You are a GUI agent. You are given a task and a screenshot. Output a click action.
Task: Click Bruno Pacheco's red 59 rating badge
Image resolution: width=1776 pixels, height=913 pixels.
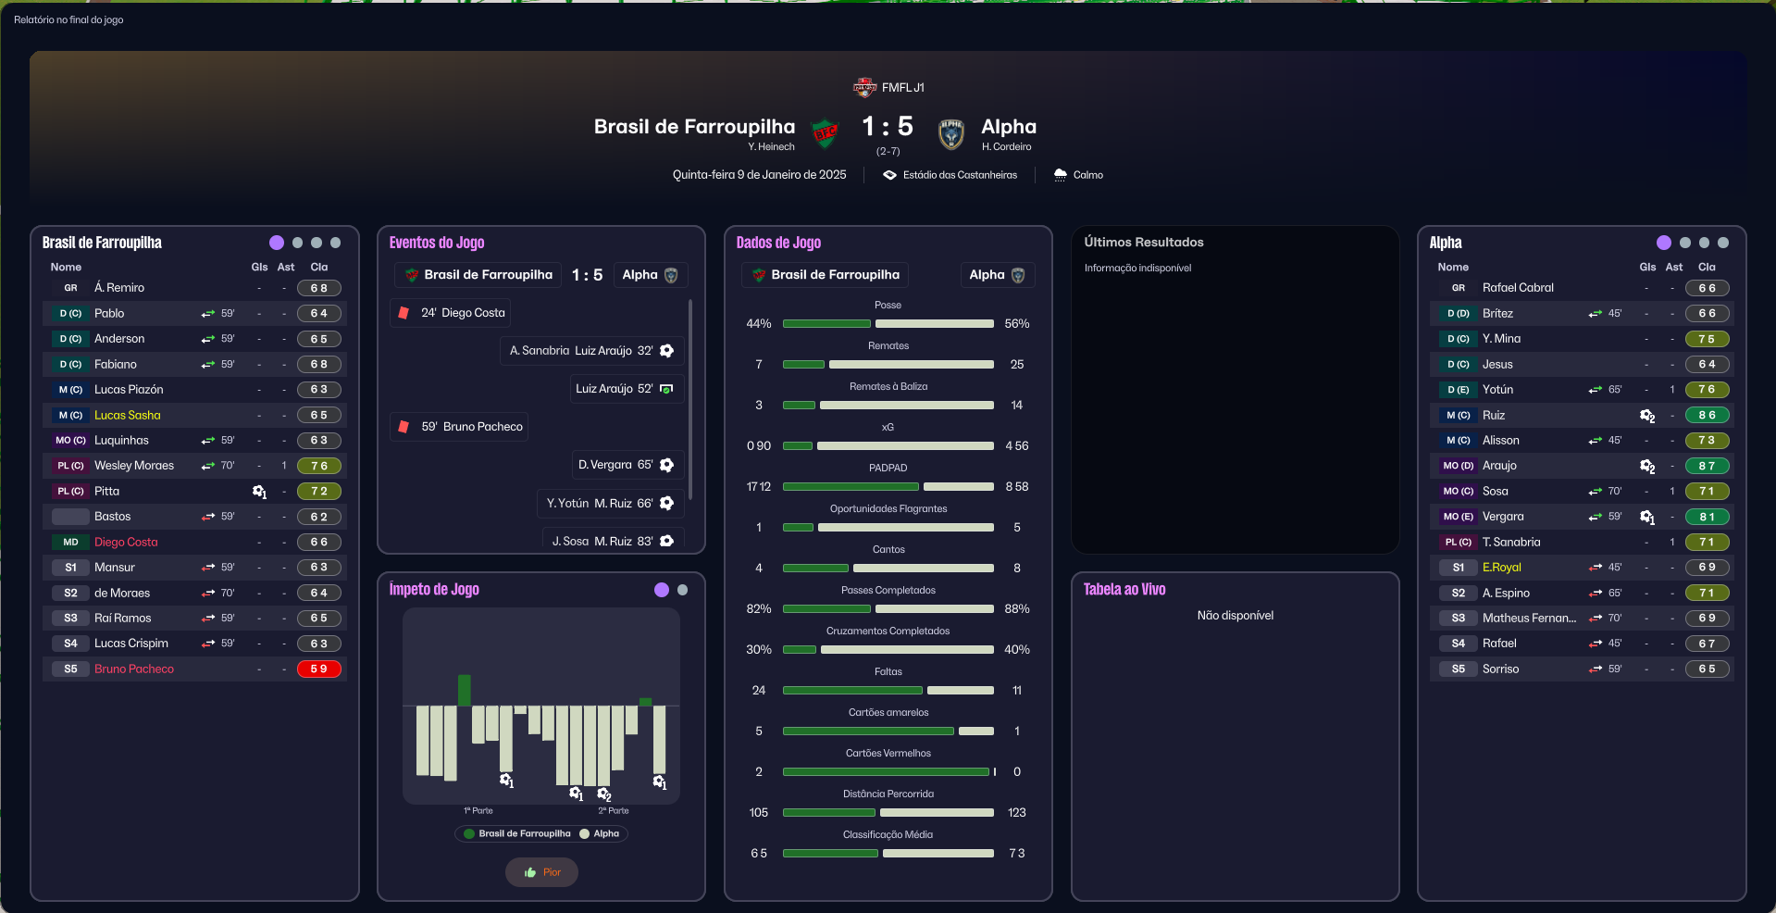[318, 669]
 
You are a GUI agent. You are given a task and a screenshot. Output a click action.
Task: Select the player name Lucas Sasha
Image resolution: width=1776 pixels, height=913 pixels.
[127, 415]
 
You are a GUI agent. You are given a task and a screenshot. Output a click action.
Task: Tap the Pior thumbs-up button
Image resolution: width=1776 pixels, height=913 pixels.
[541, 872]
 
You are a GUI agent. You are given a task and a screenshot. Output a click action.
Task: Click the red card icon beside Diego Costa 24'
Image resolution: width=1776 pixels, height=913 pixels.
[404, 313]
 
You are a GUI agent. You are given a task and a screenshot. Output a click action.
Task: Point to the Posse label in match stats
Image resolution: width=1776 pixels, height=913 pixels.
[888, 305]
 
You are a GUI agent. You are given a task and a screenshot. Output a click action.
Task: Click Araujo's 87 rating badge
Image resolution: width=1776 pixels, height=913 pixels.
[1707, 466]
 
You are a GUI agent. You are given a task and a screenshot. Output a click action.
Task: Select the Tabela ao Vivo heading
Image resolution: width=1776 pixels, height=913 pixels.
[1124, 590]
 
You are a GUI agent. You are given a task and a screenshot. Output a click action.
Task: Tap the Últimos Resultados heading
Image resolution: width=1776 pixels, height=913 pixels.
[1143, 242]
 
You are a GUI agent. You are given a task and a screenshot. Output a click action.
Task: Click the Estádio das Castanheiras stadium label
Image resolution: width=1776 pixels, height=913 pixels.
[959, 175]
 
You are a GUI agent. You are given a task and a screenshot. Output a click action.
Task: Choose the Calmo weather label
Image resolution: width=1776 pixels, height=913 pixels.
[1087, 175]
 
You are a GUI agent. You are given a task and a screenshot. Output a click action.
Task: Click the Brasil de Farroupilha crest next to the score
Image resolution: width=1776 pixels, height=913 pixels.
[825, 133]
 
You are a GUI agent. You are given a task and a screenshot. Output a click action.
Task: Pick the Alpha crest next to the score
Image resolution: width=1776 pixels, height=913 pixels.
[951, 133]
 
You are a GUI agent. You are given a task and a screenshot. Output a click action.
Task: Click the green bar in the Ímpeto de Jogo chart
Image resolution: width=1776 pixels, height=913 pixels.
[465, 690]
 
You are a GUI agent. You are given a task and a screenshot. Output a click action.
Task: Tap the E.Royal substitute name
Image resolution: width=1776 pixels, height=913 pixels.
[1501, 568]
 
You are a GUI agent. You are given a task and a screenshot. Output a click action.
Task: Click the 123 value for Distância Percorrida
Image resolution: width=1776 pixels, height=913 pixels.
[1016, 812]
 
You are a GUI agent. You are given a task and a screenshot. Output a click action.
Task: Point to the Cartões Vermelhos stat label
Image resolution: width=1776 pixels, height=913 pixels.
[888, 753]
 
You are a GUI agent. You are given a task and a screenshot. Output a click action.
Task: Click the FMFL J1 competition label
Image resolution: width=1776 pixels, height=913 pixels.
[901, 87]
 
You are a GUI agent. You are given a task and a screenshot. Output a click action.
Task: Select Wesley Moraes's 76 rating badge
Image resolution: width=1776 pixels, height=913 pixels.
[318, 466]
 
